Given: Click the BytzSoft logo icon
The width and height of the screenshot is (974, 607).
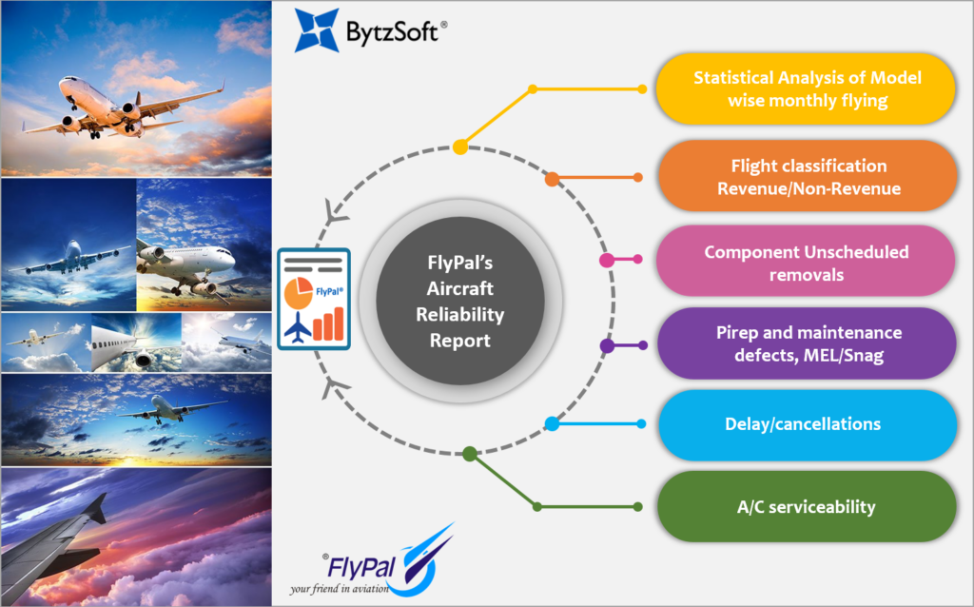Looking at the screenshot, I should pyautogui.click(x=316, y=29).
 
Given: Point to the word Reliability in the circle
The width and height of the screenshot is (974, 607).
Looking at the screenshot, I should pyautogui.click(x=459, y=315).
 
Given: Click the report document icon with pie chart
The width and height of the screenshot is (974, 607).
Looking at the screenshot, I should pyautogui.click(x=313, y=297).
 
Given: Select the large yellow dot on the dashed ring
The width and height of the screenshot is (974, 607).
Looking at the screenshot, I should pyautogui.click(x=460, y=147).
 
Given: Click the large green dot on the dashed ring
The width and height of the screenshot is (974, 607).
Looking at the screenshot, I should pyautogui.click(x=469, y=454).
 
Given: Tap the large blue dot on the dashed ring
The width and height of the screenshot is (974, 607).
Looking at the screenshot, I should pyautogui.click(x=552, y=424).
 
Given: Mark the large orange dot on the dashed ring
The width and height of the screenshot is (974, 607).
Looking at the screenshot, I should pyautogui.click(x=552, y=178).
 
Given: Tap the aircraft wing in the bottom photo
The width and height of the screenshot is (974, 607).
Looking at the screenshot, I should pyautogui.click(x=57, y=542).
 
